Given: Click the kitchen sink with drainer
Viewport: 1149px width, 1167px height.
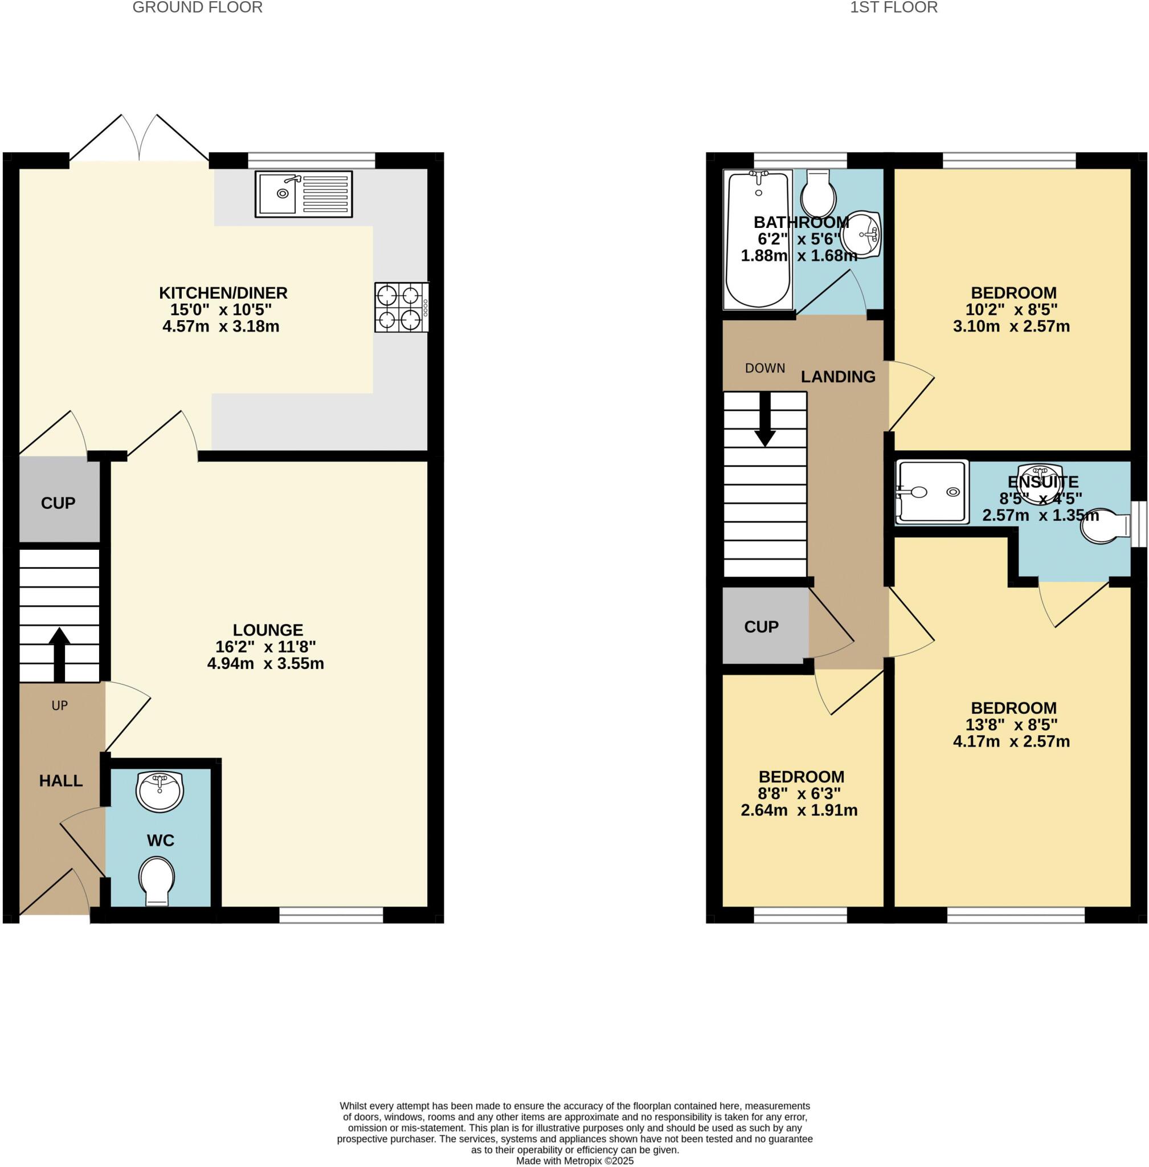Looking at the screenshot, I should [304, 194].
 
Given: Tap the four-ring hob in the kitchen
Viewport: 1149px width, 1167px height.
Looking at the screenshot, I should [401, 307].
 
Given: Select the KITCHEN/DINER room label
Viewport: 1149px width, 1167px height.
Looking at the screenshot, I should [223, 293].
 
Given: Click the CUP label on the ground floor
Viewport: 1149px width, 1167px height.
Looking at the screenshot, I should [58, 503].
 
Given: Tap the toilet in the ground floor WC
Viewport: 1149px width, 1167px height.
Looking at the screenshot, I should [157, 881].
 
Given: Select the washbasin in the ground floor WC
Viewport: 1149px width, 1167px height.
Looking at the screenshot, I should [160, 790].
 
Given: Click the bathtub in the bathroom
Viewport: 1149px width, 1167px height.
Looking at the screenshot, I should [759, 239].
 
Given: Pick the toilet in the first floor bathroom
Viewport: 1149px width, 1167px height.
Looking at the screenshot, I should [818, 191].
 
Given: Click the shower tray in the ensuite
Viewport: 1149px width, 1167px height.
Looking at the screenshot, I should [932, 491].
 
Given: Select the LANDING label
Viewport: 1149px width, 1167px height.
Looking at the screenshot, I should [837, 377].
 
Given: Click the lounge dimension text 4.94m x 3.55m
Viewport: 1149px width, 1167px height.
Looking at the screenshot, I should [265, 664].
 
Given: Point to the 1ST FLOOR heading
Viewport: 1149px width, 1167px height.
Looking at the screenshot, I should [894, 7].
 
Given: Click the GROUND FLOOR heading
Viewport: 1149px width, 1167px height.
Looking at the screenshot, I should [197, 7].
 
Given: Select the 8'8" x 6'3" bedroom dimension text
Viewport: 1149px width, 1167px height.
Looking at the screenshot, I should [800, 793].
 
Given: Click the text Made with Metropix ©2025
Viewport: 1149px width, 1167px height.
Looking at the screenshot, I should [574, 1160].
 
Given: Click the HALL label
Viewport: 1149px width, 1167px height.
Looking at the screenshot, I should [60, 781].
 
